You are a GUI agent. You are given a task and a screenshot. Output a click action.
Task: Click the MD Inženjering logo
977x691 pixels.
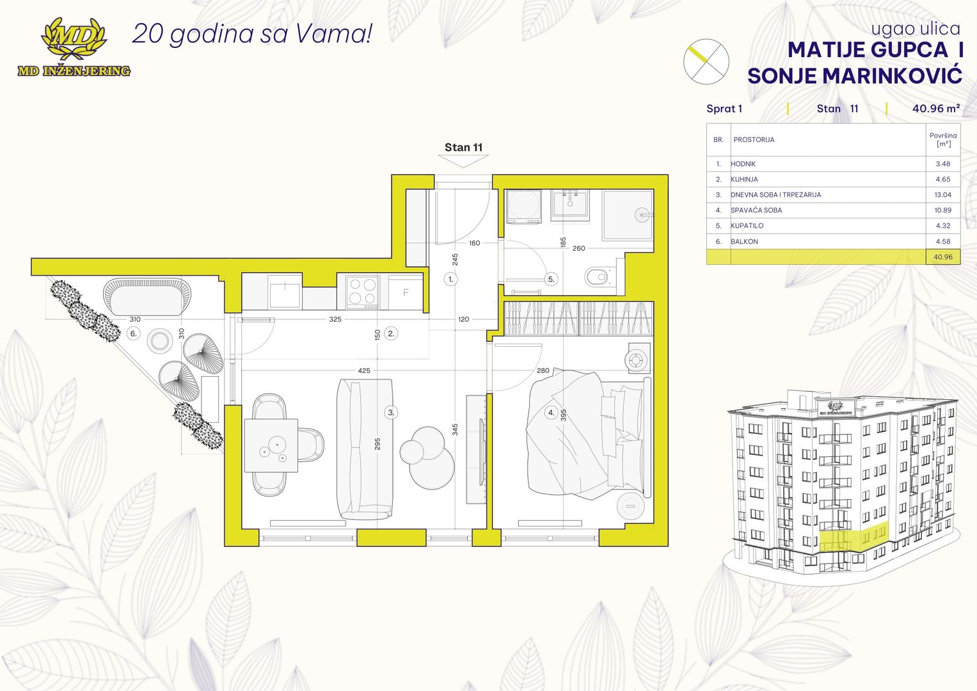(74, 47)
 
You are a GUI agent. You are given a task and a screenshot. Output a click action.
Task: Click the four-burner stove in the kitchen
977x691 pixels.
(362, 291)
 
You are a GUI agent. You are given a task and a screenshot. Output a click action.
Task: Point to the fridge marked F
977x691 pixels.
(406, 292)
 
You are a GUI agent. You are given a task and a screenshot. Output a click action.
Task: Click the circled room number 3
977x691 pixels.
(391, 412)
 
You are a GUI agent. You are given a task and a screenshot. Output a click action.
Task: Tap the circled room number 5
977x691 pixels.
(552, 279)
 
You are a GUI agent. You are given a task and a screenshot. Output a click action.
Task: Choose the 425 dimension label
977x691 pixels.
(364, 370)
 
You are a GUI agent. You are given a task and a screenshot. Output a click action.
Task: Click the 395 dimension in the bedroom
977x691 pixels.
(563, 415)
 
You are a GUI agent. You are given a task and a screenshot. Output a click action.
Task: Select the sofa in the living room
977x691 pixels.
(365, 449)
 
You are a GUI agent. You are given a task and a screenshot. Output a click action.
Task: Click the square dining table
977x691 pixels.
(271, 445)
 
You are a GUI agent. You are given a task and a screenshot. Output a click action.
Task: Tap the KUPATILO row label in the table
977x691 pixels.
(747, 225)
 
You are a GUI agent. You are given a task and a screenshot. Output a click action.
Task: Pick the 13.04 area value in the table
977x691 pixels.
(942, 195)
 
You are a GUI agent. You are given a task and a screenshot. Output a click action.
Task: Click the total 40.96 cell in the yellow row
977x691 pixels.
(942, 257)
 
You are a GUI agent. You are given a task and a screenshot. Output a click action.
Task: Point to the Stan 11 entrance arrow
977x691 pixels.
(463, 161)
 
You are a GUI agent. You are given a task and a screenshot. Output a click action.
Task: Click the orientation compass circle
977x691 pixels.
(706, 61)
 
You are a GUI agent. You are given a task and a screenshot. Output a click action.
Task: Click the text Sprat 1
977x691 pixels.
(724, 109)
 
